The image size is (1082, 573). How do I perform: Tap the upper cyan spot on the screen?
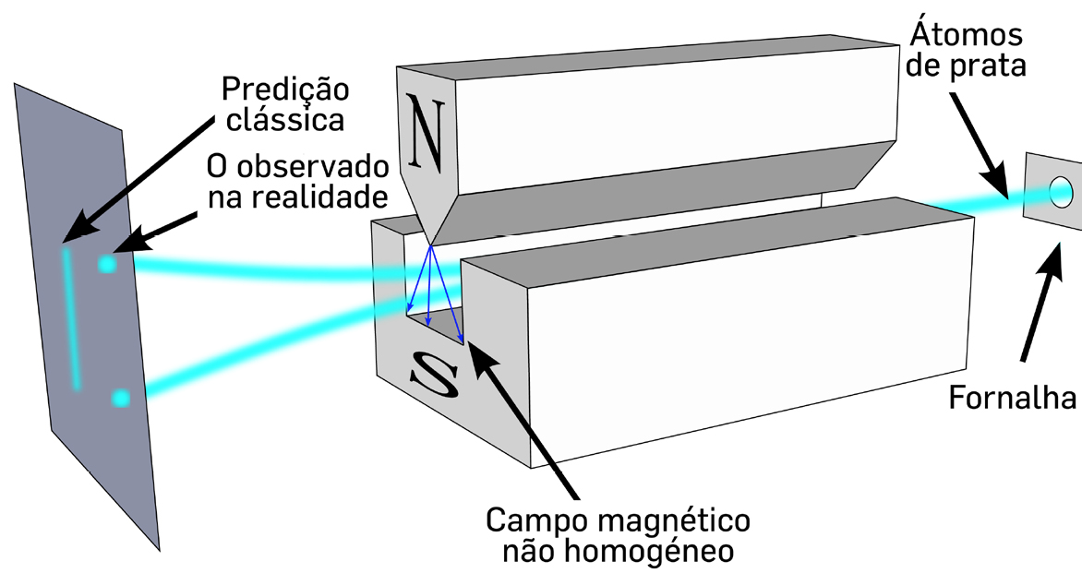pos(109,265)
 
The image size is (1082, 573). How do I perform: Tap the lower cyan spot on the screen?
pos(121,399)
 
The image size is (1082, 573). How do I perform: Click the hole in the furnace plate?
pos(1059,192)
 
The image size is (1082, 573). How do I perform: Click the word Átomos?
pos(966,34)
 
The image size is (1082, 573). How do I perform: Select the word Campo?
pos(533,520)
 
